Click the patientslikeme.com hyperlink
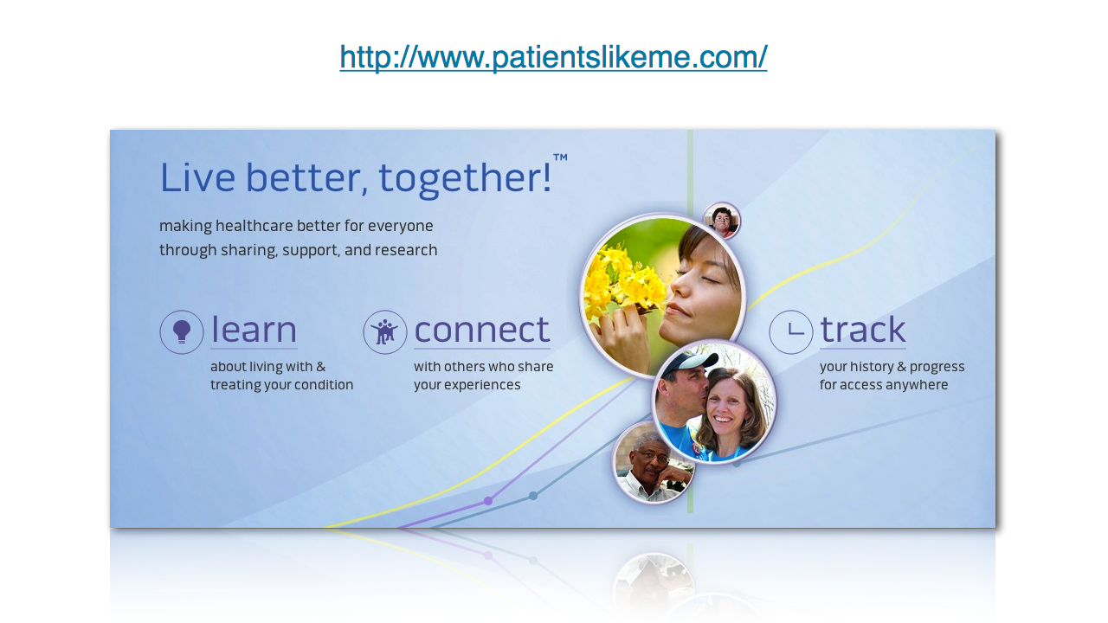click(553, 57)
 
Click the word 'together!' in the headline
click(465, 178)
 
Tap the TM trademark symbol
click(560, 157)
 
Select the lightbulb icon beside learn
click(182, 331)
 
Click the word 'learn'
click(254, 330)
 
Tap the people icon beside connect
click(385, 331)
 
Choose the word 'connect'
click(482, 331)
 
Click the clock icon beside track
click(791, 331)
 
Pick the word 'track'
click(863, 330)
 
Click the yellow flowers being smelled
click(622, 281)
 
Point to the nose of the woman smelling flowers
click(681, 282)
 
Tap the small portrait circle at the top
click(722, 220)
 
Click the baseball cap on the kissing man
click(688, 364)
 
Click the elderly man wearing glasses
click(653, 464)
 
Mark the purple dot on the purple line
click(488, 501)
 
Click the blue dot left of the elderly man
click(532, 496)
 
